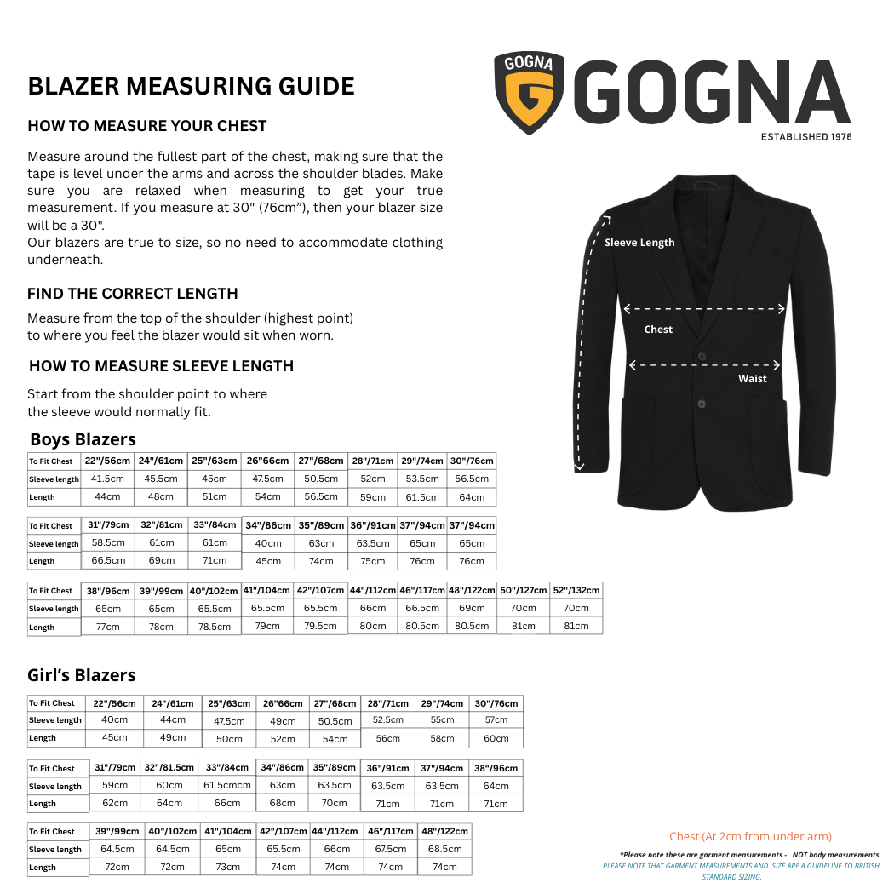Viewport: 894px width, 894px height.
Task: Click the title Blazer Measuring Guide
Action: [x=191, y=86]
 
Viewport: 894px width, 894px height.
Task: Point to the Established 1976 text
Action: [x=805, y=136]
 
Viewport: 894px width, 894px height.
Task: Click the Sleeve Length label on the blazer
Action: [x=639, y=243]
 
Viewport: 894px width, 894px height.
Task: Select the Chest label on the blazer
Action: [x=658, y=330]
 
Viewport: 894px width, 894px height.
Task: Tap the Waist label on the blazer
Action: [x=752, y=379]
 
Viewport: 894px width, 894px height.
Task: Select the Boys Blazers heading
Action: [x=83, y=439]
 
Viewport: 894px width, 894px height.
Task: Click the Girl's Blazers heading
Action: [x=82, y=675]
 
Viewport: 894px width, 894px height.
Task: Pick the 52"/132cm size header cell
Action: [x=576, y=590]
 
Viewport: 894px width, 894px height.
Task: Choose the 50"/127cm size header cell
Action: [x=524, y=590]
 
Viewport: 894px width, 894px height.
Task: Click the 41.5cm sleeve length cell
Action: [x=107, y=479]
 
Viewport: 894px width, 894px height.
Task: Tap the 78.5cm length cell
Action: [x=215, y=627]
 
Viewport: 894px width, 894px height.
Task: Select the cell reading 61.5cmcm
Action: [x=227, y=785]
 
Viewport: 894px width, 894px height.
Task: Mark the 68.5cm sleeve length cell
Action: [x=444, y=849]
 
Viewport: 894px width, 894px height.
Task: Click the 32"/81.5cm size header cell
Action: [x=169, y=767]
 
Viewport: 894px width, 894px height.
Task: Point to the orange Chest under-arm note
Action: [x=750, y=837]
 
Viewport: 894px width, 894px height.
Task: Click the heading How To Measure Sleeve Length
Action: [x=161, y=366]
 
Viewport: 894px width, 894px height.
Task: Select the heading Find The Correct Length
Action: [x=132, y=294]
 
